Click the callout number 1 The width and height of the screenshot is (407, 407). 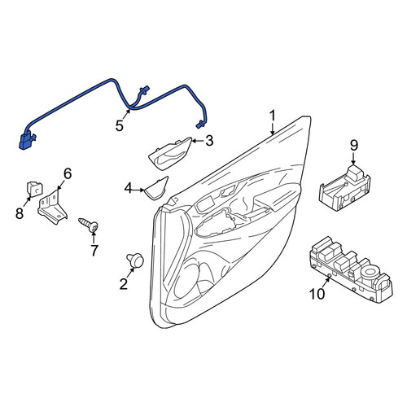click(x=272, y=116)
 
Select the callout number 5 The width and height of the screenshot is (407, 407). click(x=120, y=126)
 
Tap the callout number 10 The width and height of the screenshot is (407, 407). click(x=317, y=294)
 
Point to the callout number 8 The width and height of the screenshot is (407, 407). click(x=20, y=213)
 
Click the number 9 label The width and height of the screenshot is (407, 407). click(x=353, y=146)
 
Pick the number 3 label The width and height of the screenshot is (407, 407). click(x=209, y=141)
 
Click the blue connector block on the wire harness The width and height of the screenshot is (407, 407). click(x=27, y=141)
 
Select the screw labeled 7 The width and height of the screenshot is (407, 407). click(x=88, y=225)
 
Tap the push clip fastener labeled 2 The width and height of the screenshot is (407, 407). click(x=135, y=260)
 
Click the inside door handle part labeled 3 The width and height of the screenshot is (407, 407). click(x=168, y=154)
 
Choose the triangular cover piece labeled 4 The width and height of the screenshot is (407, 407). click(x=156, y=189)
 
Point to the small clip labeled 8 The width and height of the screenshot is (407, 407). click(x=34, y=188)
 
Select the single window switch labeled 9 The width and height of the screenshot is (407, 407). click(x=344, y=188)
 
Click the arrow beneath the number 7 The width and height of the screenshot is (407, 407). click(x=94, y=237)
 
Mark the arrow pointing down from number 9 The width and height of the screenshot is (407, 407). click(x=353, y=158)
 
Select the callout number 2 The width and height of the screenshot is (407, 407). click(x=124, y=284)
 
